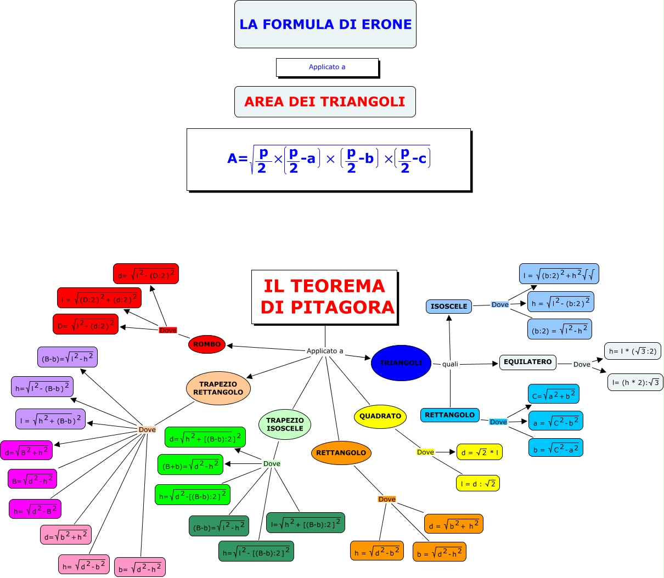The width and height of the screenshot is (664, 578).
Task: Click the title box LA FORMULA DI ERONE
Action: pyautogui.click(x=325, y=24)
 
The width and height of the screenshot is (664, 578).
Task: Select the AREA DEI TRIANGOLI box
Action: pyautogui.click(x=325, y=101)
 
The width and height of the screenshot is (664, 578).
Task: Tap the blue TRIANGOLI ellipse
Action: pyautogui.click(x=401, y=363)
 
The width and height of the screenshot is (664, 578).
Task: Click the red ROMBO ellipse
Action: pyautogui.click(x=207, y=344)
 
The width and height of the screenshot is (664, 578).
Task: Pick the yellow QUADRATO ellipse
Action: pyautogui.click(x=380, y=416)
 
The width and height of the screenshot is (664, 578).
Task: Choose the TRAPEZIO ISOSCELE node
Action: pyautogui.click(x=285, y=424)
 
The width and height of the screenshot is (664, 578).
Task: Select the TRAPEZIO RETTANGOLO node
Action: pyautogui.click(x=218, y=388)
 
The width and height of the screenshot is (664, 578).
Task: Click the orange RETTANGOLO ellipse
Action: pyautogui.click(x=341, y=453)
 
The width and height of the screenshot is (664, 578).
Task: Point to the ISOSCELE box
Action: pyautogui.click(x=449, y=307)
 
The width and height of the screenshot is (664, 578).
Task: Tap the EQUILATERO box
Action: pyautogui.click(x=528, y=362)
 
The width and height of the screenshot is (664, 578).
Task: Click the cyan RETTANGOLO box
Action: pyautogui.click(x=450, y=415)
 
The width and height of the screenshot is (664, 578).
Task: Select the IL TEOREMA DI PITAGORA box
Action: pyautogui.click(x=325, y=297)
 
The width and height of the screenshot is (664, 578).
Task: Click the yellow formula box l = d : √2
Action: pyautogui.click(x=478, y=483)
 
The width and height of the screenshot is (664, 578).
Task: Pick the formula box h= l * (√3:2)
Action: pyautogui.click(x=633, y=351)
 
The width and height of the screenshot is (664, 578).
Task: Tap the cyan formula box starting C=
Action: pyautogui.click(x=554, y=394)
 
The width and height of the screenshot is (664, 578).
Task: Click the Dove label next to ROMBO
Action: pyautogui.click(x=168, y=330)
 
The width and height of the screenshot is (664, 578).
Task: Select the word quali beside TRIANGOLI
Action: pyautogui.click(x=450, y=364)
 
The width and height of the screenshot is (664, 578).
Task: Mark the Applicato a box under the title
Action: pyautogui.click(x=327, y=67)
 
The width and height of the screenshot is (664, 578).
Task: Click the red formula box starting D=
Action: pyautogui.click(x=86, y=325)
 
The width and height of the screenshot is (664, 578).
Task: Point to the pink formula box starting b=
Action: pyautogui.click(x=140, y=568)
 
